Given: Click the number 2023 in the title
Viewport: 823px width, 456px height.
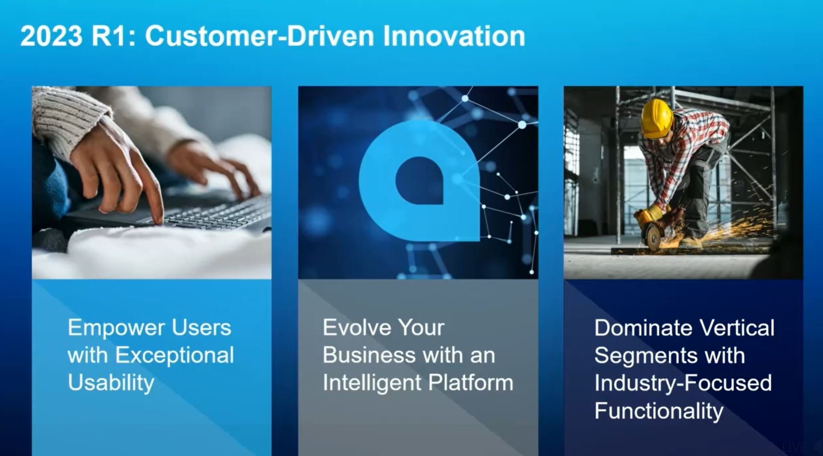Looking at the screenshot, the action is click(52, 36).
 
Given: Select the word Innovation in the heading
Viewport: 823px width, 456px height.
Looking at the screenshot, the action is click(454, 36).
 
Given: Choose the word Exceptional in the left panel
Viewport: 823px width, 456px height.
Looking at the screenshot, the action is click(174, 356).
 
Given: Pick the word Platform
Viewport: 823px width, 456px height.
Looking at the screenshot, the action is click(470, 383).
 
